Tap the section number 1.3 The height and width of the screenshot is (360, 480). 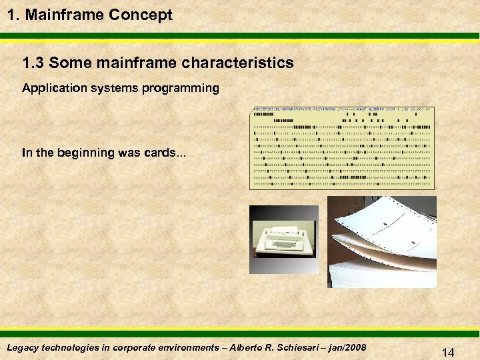click(33, 63)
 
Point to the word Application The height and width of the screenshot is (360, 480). click(51, 88)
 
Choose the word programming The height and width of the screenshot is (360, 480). click(181, 88)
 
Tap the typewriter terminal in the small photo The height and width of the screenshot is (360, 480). click(286, 239)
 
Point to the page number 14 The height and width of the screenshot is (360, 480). click(448, 352)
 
